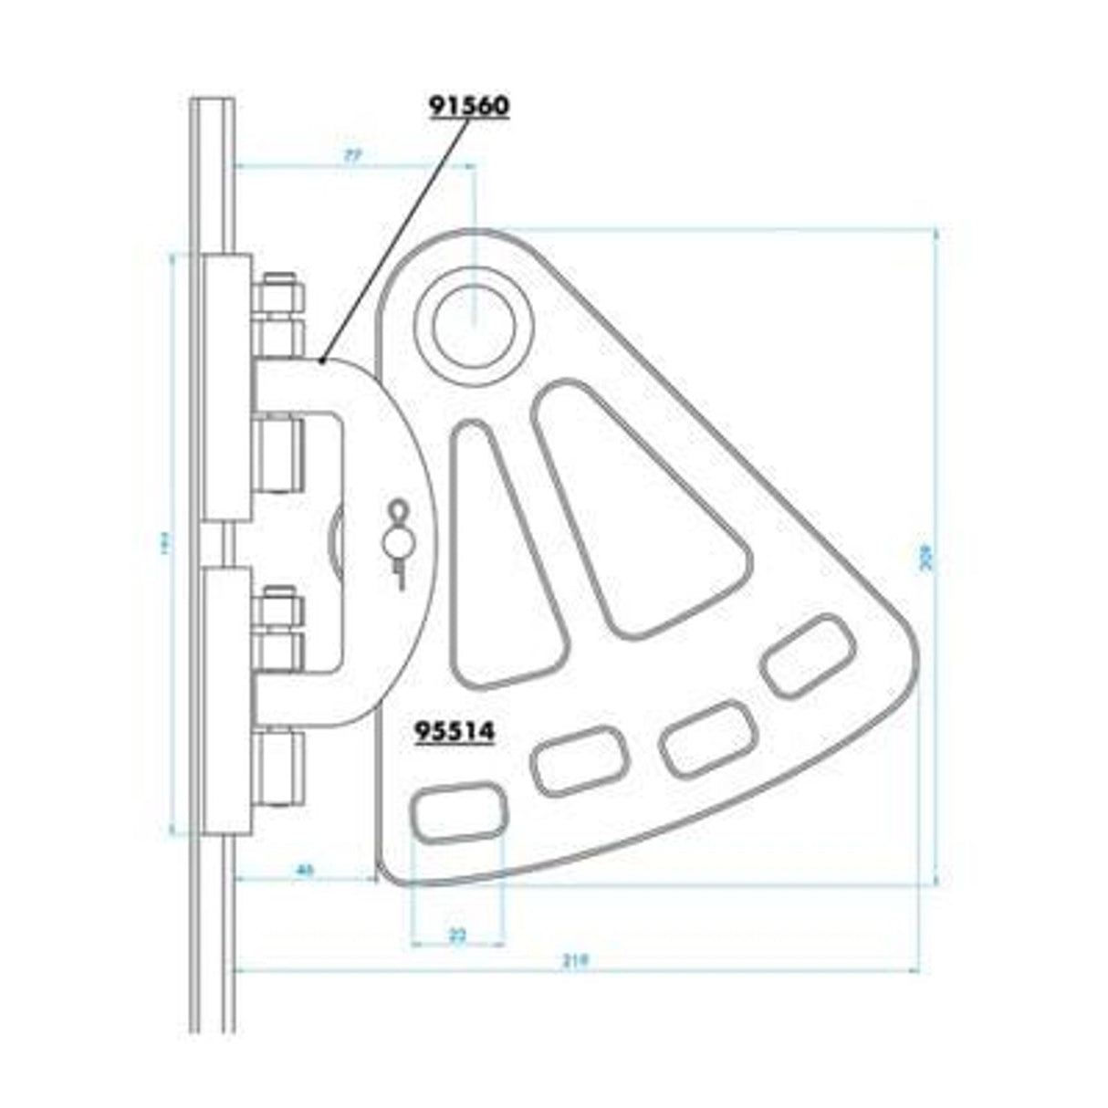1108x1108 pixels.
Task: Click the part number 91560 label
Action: coord(469,107)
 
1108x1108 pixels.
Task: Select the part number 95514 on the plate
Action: coord(455,731)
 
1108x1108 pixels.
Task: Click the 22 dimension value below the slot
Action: coord(458,935)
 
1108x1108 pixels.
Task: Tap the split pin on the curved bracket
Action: coord(398,544)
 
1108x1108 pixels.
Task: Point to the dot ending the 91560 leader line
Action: coord(322,361)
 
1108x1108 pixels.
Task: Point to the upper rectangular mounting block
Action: coord(226,388)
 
